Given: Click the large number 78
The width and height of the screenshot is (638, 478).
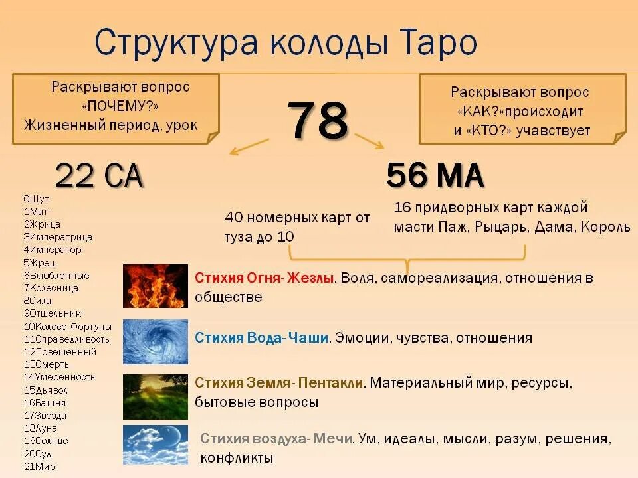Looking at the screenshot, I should click(318, 121).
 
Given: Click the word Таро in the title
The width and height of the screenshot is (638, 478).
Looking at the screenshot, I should click(441, 42).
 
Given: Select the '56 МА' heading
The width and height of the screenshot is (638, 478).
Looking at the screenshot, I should click(435, 175).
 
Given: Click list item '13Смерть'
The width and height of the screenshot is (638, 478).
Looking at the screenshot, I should click(46, 364).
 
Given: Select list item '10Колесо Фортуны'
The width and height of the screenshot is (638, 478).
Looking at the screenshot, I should click(67, 327).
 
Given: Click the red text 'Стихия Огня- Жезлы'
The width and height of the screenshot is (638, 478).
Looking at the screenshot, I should click(264, 278).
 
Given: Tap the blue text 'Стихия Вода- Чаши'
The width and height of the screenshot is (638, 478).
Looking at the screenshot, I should click(261, 338).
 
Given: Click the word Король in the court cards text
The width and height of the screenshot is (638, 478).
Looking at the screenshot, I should click(605, 227).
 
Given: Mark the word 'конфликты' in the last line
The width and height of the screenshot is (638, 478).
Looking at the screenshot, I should click(236, 458).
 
